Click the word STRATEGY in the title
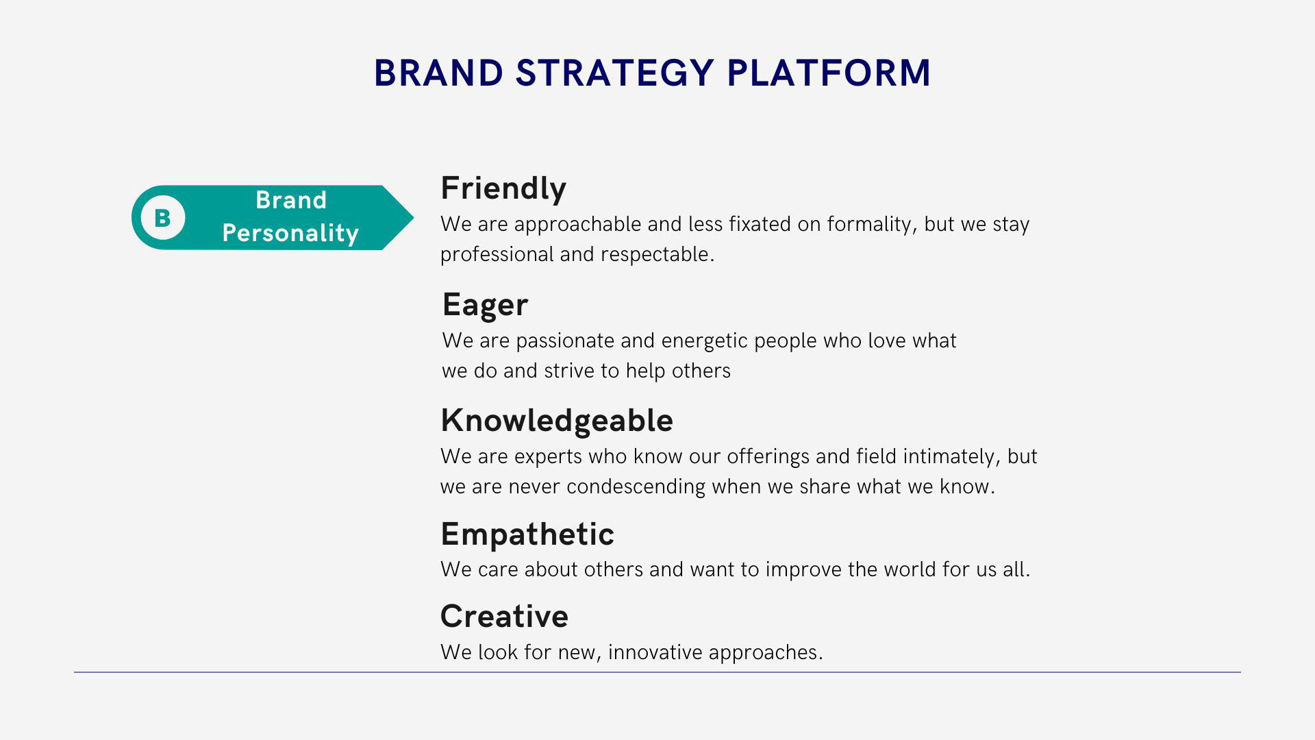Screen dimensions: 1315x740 click(614, 73)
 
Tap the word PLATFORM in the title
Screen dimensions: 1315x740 click(829, 73)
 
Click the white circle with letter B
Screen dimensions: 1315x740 click(163, 218)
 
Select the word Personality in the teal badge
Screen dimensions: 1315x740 click(290, 233)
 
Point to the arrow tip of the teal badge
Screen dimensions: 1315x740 click(414, 218)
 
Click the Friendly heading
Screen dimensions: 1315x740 click(503, 188)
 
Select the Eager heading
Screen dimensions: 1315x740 click(485, 305)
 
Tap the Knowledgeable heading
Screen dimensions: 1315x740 click(557, 420)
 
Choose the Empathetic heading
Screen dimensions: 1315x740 click(527, 534)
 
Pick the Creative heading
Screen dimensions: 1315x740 click(504, 616)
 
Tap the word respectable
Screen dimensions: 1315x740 click(657, 255)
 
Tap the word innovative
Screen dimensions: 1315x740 click(655, 652)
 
